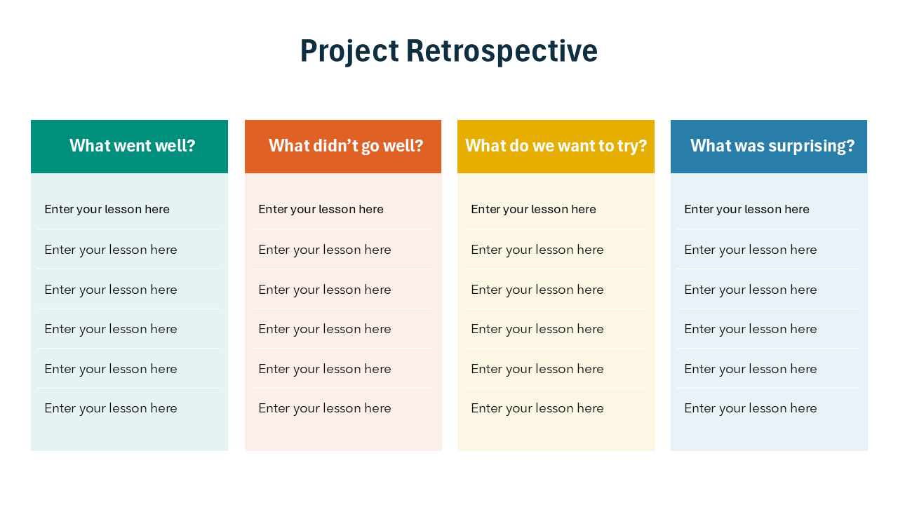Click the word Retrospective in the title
(x=502, y=51)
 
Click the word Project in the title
(x=349, y=51)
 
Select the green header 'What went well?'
(x=132, y=146)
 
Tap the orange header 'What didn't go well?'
(x=345, y=146)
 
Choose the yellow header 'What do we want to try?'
(x=556, y=146)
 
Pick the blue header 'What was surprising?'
(x=772, y=146)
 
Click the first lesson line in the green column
(x=107, y=209)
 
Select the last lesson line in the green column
(x=110, y=408)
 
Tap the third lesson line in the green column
(x=110, y=290)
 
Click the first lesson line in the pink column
(x=321, y=209)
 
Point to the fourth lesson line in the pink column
(x=324, y=329)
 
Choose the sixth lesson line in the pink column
(x=324, y=408)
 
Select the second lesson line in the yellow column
(x=537, y=250)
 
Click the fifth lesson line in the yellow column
(x=537, y=369)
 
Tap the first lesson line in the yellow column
(x=533, y=209)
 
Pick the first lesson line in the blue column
(x=746, y=209)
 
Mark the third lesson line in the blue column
(x=750, y=290)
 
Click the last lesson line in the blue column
(x=750, y=408)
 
